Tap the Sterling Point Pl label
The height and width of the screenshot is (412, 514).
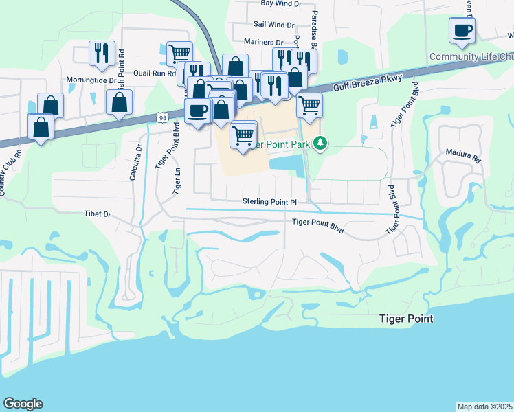coord(269,201)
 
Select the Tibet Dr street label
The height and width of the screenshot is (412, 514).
coord(97,214)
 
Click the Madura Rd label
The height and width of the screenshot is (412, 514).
coord(467,155)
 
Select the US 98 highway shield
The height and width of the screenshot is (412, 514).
coord(161,118)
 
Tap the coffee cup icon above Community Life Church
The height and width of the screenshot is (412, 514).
coord(462,30)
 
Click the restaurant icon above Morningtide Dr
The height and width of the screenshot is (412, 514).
coord(101,51)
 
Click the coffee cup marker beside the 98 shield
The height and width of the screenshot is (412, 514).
coord(198,110)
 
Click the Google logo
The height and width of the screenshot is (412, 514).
coord(23,404)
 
